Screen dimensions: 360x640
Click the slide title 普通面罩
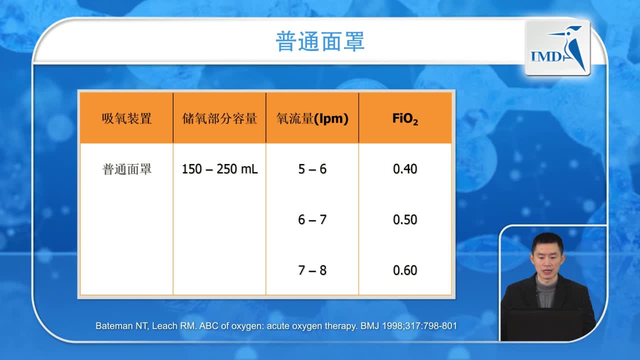pos(320,41)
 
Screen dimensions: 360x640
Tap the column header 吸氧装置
pos(126,118)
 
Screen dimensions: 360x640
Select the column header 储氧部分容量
pos(219,118)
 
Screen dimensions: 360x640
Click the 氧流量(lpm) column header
pos(312,118)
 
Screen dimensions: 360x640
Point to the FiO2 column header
pos(405,119)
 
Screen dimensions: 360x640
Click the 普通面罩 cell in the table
pos(126,169)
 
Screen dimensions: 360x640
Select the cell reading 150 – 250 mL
pos(219,169)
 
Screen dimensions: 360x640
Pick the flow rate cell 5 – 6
pos(312,169)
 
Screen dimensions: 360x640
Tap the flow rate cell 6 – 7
pos(312,219)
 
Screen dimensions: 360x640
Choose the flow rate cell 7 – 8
pos(312,270)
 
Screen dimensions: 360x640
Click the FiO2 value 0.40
pos(405,169)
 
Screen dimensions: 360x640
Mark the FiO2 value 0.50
pos(405,219)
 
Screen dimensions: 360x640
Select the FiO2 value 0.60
pos(405,270)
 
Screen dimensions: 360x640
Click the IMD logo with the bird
pos(557,47)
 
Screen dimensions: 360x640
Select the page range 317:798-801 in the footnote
pos(431,326)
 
